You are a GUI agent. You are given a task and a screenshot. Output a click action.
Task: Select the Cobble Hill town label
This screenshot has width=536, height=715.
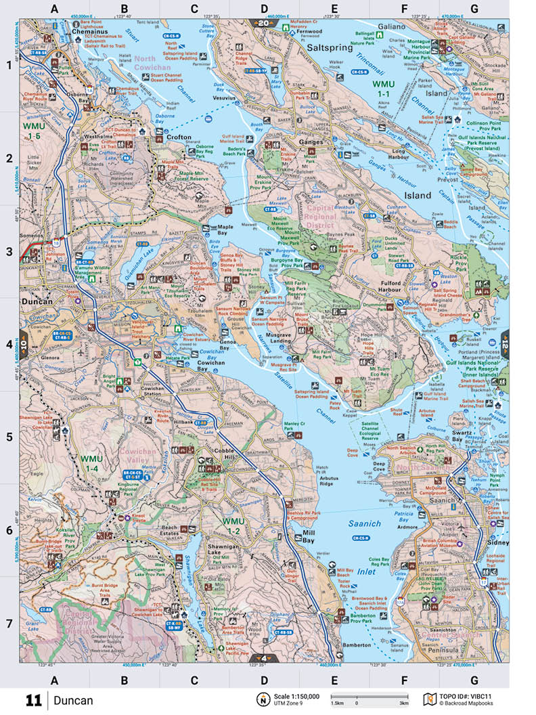point(225,451)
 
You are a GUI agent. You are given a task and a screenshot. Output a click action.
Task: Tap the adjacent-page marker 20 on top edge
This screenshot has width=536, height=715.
point(263,24)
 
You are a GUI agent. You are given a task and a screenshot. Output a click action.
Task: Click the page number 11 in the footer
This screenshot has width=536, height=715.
point(34,700)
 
